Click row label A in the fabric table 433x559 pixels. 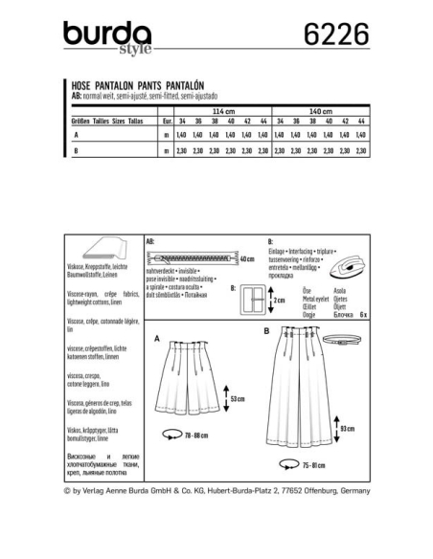click(x=75, y=137)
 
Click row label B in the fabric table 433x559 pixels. click(x=75, y=150)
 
